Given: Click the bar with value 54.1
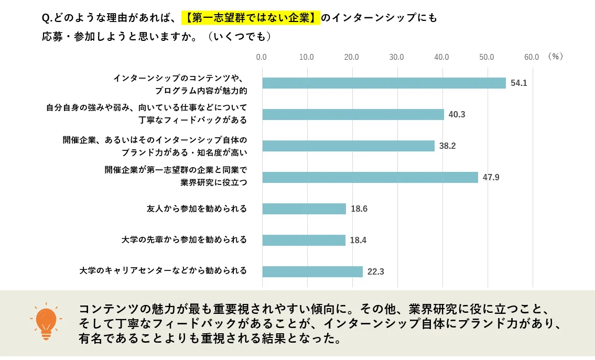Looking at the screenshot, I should (x=384, y=83).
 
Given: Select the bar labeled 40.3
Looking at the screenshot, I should (x=353, y=114).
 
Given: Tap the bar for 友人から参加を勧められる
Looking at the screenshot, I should (x=304, y=209).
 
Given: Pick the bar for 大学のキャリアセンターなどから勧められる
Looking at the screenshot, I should (x=312, y=271).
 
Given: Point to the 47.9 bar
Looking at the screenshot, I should (x=370, y=177).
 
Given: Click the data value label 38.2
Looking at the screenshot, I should (x=447, y=146).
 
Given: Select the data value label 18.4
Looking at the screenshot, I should (x=358, y=241).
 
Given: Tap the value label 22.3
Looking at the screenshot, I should (x=376, y=272).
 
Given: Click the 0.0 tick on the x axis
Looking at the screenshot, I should (x=261, y=57).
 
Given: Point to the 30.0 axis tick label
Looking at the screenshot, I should (x=396, y=57).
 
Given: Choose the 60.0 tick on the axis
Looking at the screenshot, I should (x=532, y=57).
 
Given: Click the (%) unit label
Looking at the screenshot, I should (x=555, y=57).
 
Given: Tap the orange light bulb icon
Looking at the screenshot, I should (x=46, y=321).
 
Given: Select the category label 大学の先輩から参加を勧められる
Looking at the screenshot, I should (x=184, y=240).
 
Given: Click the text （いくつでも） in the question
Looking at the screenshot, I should (x=239, y=37).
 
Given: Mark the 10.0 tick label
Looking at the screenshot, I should (x=306, y=57).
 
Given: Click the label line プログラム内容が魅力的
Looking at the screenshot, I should (x=201, y=91).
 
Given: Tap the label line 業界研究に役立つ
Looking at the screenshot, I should (x=213, y=182).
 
